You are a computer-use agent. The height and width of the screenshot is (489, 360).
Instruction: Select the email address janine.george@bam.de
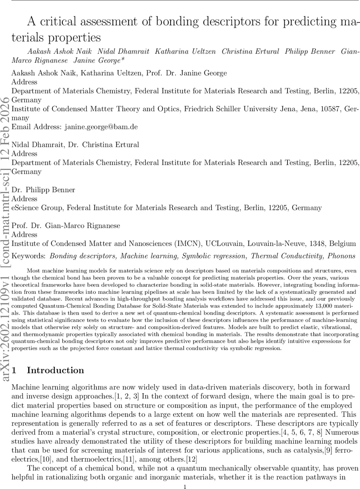click(x=100, y=127)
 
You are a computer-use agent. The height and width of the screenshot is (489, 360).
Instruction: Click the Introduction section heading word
click(x=55, y=370)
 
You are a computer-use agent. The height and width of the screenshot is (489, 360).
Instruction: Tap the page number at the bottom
click(x=184, y=486)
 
